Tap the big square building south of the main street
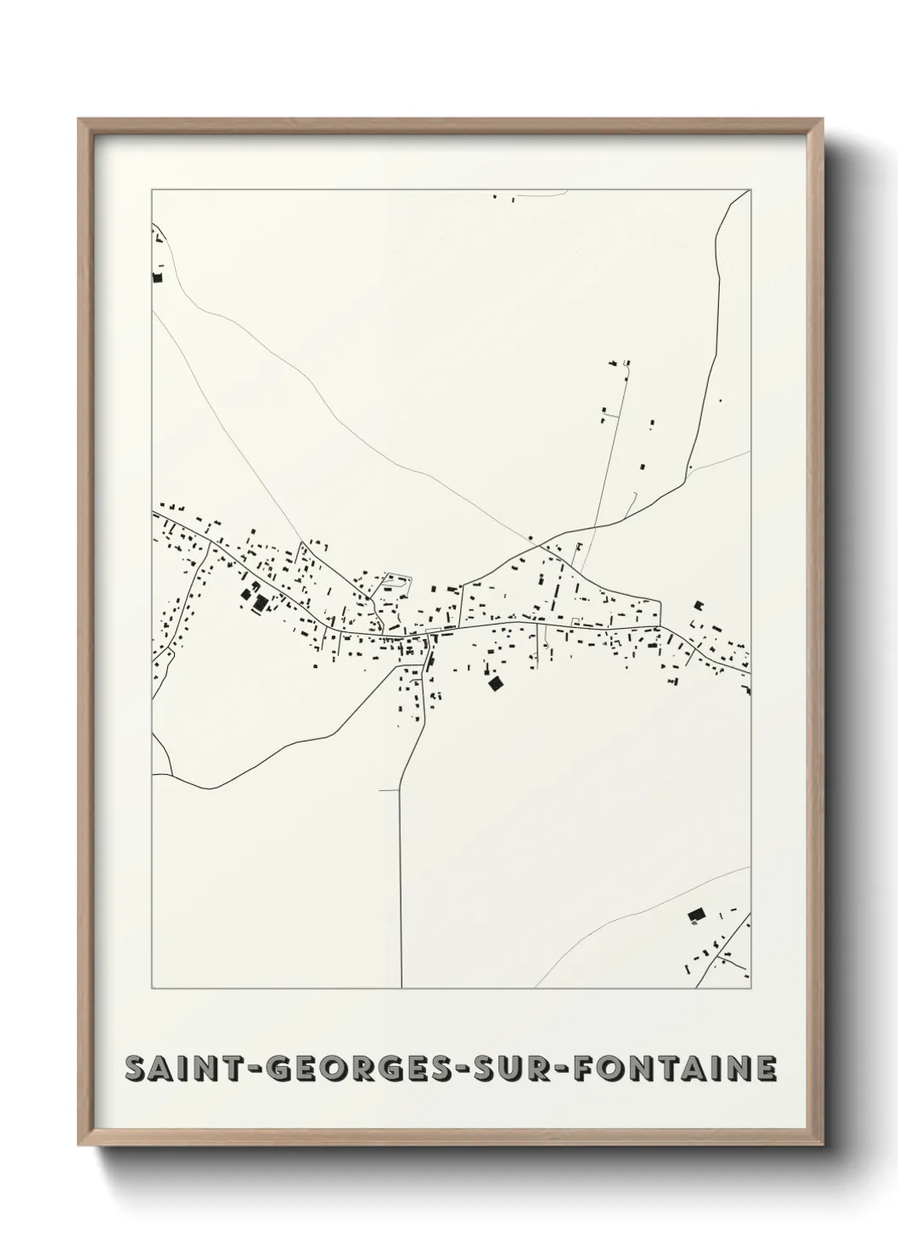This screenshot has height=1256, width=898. click(494, 682)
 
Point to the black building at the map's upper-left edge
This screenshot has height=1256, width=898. click(156, 276)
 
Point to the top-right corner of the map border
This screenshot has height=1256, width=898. click(750, 189)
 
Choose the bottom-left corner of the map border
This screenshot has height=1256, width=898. click(152, 989)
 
